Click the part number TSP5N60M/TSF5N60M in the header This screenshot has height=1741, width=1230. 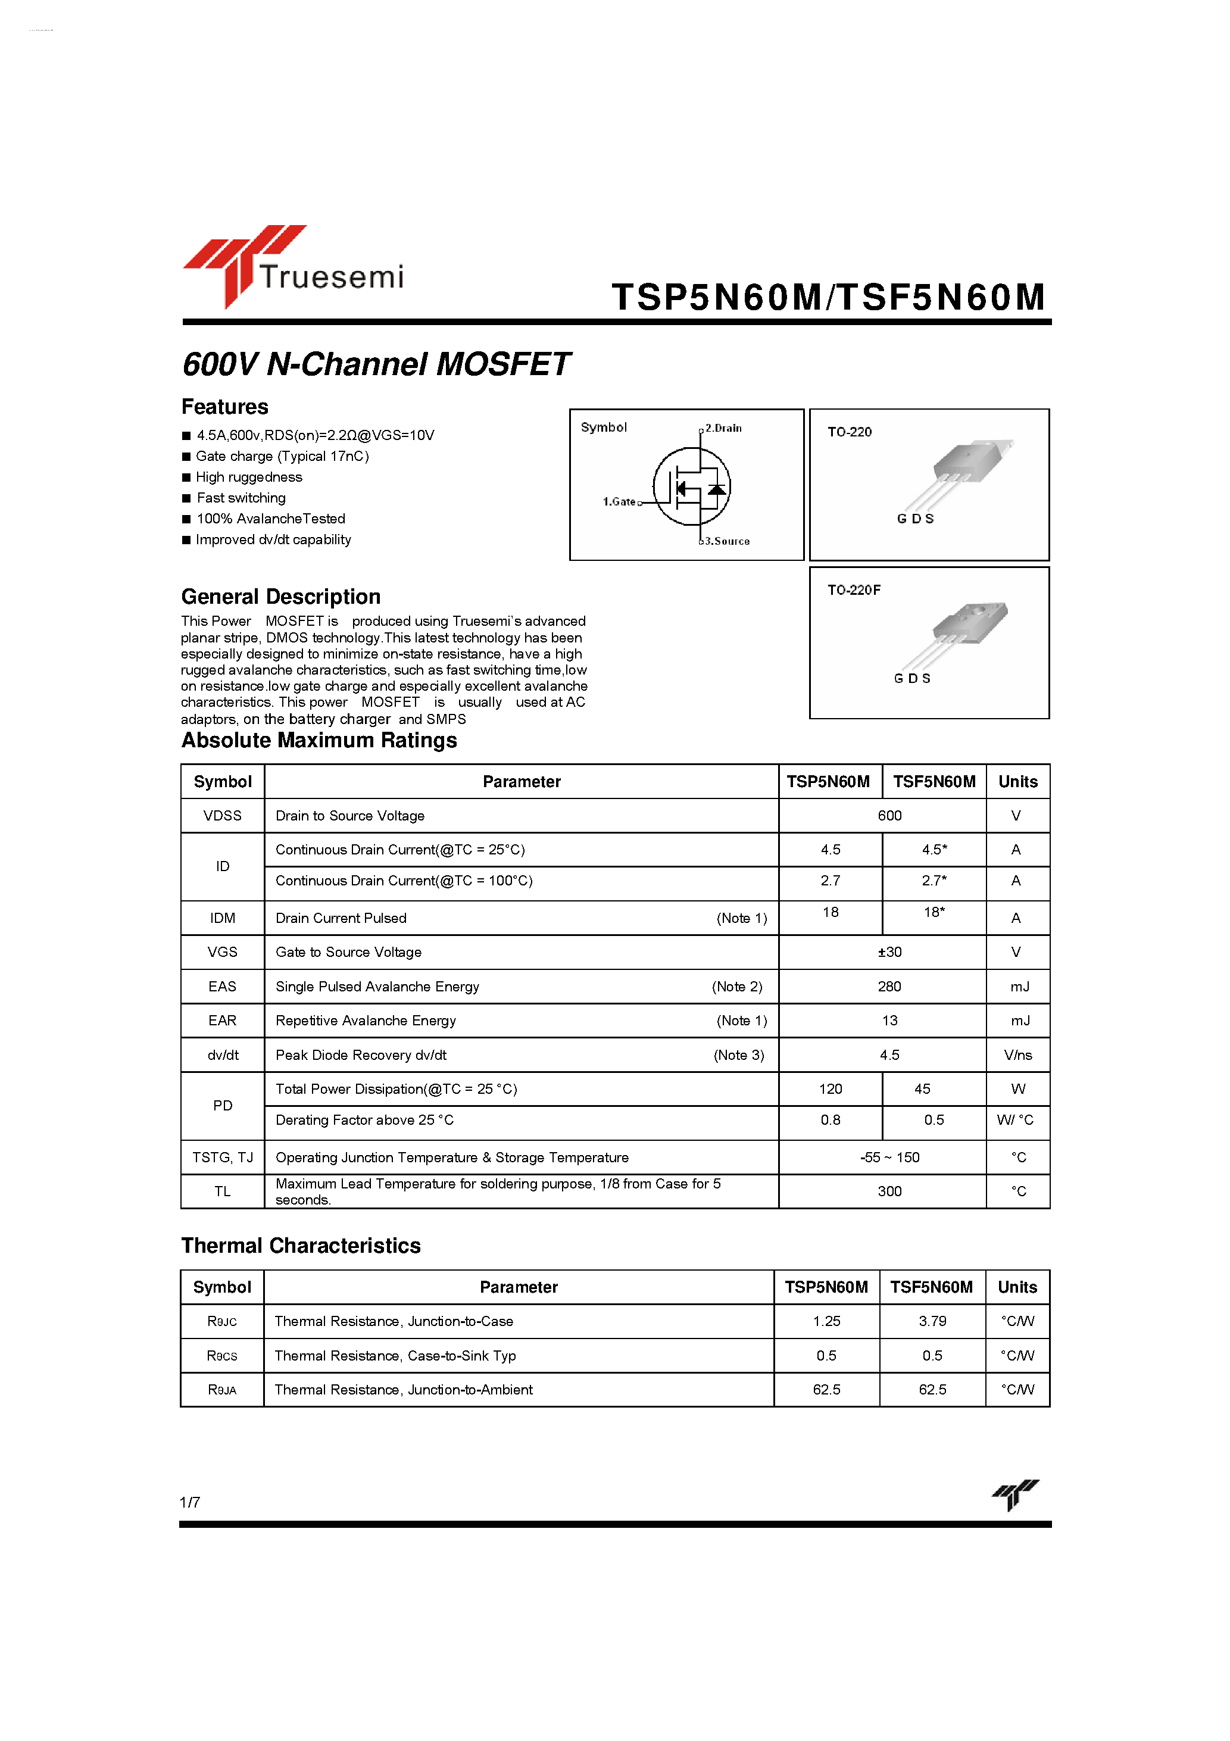828,297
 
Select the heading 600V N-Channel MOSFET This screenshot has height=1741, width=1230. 376,364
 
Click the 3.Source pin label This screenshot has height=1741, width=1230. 726,541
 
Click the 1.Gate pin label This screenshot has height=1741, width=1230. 619,501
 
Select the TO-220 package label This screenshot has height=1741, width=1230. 850,432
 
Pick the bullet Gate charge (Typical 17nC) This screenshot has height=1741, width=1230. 282,455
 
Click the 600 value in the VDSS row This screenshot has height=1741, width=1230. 889,815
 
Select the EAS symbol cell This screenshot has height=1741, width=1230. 222,986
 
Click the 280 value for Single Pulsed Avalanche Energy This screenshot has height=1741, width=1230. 889,986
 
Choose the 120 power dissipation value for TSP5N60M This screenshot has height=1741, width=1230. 831,1089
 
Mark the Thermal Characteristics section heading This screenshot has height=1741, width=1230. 301,1245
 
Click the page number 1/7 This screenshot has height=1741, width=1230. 189,1502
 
